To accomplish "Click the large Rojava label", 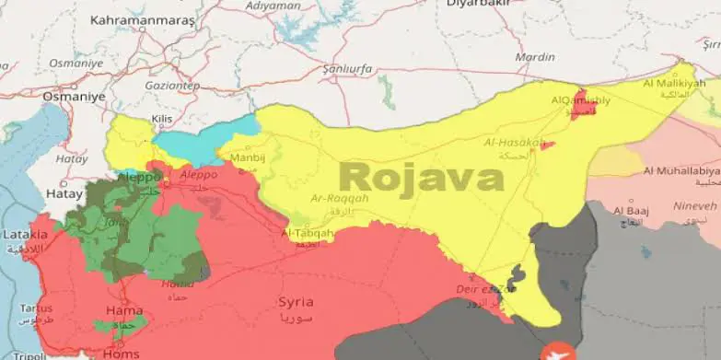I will tap(421, 177).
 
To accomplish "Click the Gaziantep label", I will tap(171, 84).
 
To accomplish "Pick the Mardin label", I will tap(535, 57).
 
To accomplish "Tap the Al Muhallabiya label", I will tap(681, 171).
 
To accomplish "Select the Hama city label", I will tap(124, 310).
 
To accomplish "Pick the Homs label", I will tap(122, 351).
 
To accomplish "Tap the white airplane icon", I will tap(558, 351).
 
